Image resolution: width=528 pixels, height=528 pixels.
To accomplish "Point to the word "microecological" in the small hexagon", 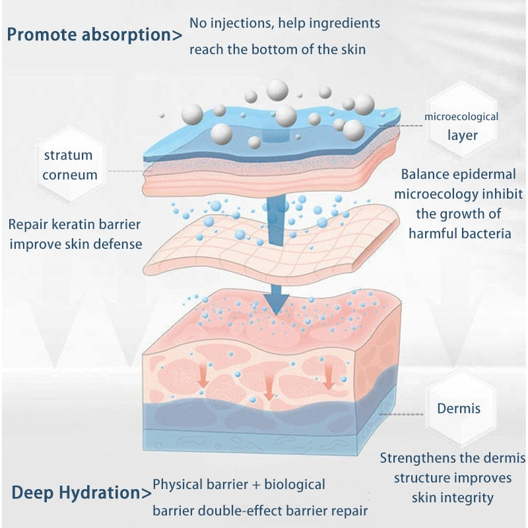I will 461,117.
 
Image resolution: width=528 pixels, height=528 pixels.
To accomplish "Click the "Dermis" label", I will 459,409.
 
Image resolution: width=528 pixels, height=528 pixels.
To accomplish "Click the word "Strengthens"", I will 419,458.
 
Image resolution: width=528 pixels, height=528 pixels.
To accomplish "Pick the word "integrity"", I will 469,498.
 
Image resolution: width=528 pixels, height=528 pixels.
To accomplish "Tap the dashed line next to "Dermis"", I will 409,414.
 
